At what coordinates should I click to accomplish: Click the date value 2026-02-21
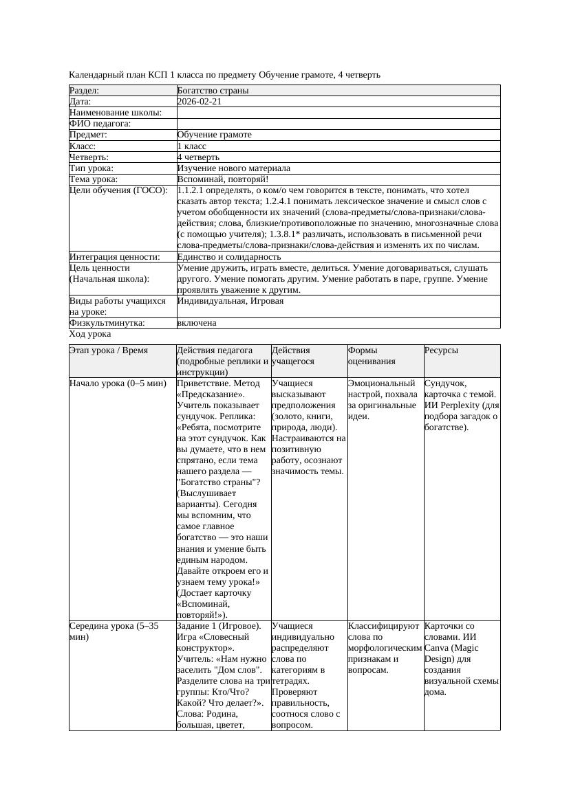pos(200,102)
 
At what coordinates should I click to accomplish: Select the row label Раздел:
pos(85,91)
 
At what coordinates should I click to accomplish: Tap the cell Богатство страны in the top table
pos(213,91)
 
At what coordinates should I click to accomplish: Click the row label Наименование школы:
pos(116,113)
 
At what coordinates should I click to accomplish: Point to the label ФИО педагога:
pos(100,124)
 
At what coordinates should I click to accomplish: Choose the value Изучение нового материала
pos(233,168)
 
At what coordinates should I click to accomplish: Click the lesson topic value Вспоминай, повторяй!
pos(217,179)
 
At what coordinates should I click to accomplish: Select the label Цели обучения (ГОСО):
pos(118,190)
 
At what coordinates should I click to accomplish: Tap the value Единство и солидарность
pos(228,257)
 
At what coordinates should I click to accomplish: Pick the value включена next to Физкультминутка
pos(197,323)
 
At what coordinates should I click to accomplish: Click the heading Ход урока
pos(90,334)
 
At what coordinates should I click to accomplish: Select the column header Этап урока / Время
pos(109,350)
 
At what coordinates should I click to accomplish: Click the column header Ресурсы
pos(442,350)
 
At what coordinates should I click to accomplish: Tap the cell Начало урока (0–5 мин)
pos(118,383)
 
